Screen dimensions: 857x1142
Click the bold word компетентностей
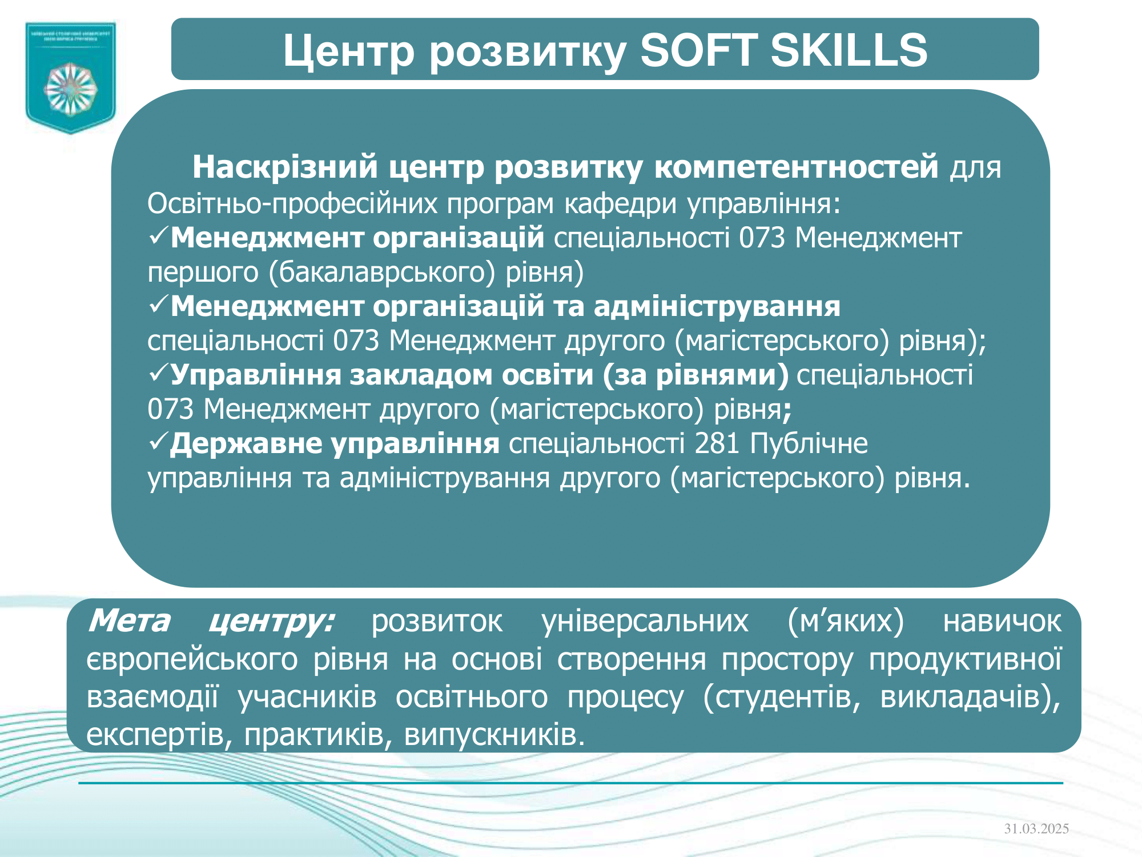click(796, 167)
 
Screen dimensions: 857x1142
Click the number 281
click(717, 443)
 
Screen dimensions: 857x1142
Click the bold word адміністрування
click(717, 307)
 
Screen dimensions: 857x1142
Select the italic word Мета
click(130, 620)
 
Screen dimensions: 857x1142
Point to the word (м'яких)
click(845, 621)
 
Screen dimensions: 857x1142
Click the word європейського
click(192, 659)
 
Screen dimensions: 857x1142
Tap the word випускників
click(494, 735)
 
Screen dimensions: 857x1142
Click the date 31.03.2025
click(1036, 828)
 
